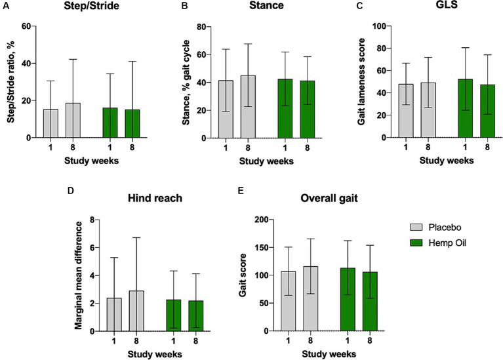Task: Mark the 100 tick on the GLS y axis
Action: pyautogui.click(x=365, y=26)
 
